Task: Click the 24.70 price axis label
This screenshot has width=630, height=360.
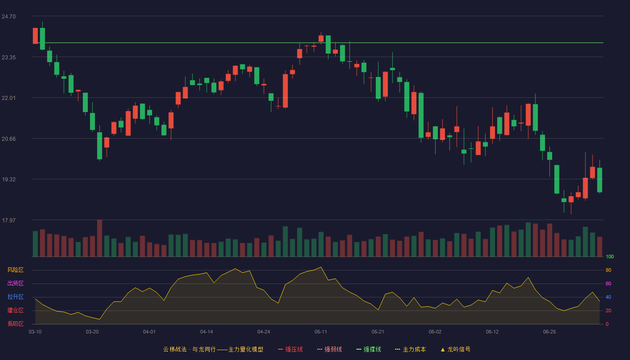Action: [x=9, y=17]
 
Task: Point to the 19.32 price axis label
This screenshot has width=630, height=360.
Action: [x=9, y=180]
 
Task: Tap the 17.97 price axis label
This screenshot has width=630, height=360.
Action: [x=9, y=220]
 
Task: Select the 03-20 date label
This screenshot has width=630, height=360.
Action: [x=92, y=332]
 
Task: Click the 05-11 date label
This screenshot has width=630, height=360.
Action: [x=320, y=332]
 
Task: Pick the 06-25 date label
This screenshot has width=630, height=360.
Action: [x=549, y=332]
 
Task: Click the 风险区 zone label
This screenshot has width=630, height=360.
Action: [x=15, y=270]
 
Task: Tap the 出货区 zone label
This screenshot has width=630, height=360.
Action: [x=15, y=283]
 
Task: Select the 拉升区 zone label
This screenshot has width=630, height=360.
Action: [x=15, y=297]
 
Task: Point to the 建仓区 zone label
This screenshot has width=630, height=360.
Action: [x=15, y=310]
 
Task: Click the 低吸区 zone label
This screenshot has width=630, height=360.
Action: [x=15, y=324]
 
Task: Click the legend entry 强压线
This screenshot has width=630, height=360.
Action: [x=290, y=349]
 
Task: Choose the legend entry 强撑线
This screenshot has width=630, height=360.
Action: [x=369, y=349]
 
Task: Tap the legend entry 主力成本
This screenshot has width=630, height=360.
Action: [x=410, y=349]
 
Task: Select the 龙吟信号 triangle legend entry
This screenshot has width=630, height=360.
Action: [x=455, y=349]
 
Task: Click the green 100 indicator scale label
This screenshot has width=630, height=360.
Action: [x=610, y=256]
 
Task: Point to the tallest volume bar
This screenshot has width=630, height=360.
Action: [x=99, y=238]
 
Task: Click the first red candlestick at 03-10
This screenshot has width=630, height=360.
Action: [x=35, y=36]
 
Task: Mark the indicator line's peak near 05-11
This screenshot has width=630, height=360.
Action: [x=321, y=267]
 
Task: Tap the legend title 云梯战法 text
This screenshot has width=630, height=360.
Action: [x=175, y=349]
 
